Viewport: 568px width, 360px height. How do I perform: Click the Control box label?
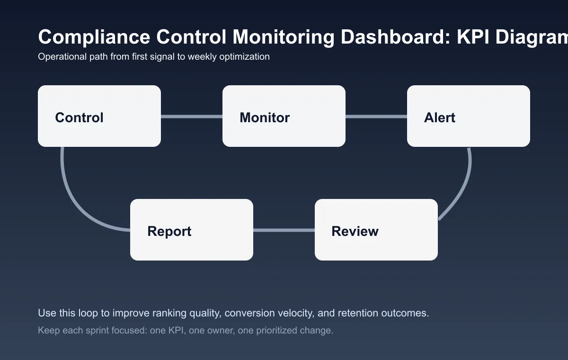[79, 117]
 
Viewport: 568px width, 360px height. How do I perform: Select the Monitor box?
[284, 116]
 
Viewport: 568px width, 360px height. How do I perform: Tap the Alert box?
[468, 116]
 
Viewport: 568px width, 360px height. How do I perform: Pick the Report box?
[191, 230]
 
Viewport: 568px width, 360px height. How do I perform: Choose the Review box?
[376, 230]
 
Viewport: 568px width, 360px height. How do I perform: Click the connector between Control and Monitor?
[192, 117]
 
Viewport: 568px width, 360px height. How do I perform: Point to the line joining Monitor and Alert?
[376, 117]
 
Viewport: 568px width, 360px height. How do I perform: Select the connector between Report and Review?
[284, 230]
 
